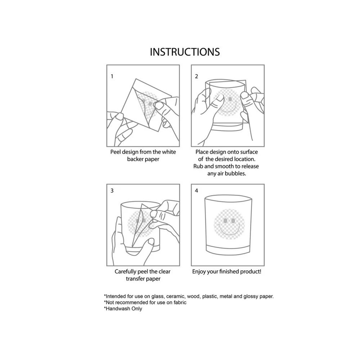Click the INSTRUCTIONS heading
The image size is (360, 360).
(x=185, y=52)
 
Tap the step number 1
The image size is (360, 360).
(x=112, y=76)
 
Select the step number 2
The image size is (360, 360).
(x=196, y=76)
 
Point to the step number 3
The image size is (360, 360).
(x=112, y=190)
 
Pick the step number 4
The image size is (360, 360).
(x=196, y=190)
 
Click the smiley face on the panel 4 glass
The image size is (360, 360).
(x=229, y=224)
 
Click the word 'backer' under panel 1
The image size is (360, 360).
(x=135, y=159)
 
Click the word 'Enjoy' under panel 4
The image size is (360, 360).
(x=199, y=271)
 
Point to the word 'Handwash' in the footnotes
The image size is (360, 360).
(x=117, y=309)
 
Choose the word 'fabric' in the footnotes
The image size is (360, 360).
(x=180, y=302)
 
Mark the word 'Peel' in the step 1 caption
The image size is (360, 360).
(x=116, y=152)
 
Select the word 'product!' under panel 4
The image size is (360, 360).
(x=251, y=271)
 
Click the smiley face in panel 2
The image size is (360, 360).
(x=227, y=102)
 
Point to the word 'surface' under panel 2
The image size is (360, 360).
(x=249, y=152)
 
